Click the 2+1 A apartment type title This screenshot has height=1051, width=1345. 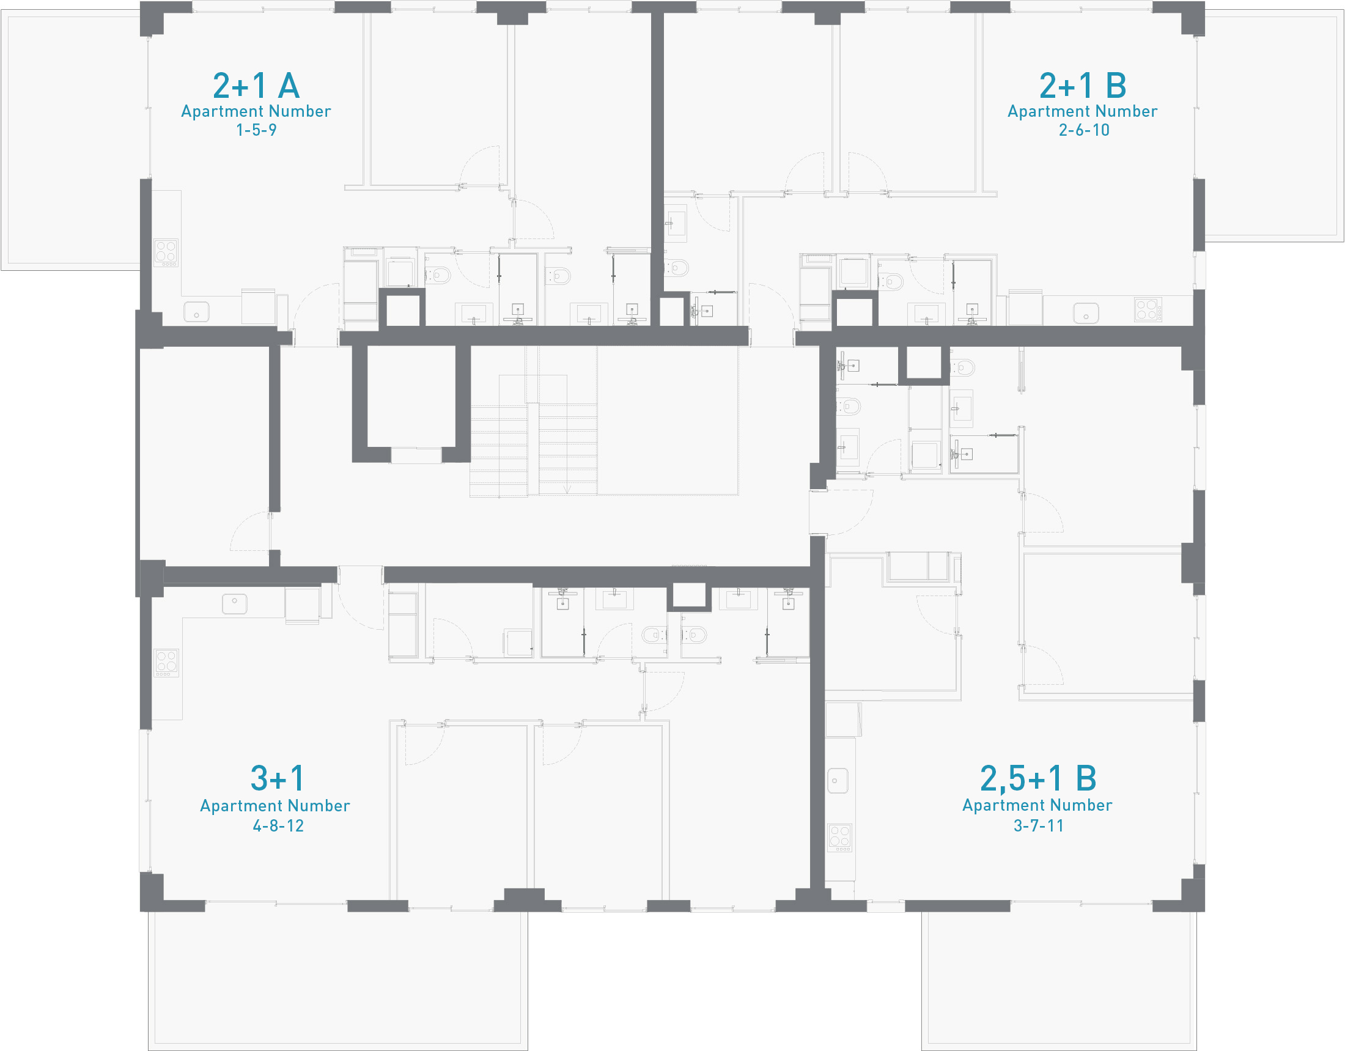click(x=256, y=85)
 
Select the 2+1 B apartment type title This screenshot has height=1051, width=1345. click(x=1083, y=85)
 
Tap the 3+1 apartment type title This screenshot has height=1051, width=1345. click(x=277, y=778)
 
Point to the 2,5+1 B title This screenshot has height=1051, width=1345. click(x=1038, y=779)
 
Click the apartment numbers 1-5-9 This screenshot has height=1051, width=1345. click(x=256, y=130)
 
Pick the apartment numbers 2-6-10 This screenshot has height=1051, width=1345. click(x=1084, y=130)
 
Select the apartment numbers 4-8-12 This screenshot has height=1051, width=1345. click(x=278, y=825)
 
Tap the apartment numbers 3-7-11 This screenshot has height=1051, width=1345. click(x=1038, y=825)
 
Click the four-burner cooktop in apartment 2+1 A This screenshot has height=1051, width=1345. click(x=166, y=253)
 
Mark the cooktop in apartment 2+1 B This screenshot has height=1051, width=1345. click(x=1148, y=309)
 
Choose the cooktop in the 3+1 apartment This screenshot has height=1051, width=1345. click(x=166, y=663)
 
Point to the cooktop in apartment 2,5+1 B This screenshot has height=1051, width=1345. click(x=839, y=838)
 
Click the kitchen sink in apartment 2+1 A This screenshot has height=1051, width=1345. click(x=196, y=312)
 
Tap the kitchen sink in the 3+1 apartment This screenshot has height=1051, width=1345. click(x=235, y=603)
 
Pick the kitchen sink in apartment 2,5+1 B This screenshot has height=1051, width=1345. click(x=838, y=781)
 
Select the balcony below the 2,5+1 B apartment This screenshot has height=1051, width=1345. click(x=1059, y=981)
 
